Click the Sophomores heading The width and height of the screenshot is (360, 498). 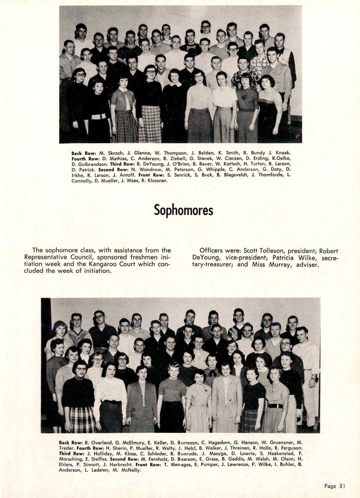(x=183, y=210)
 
